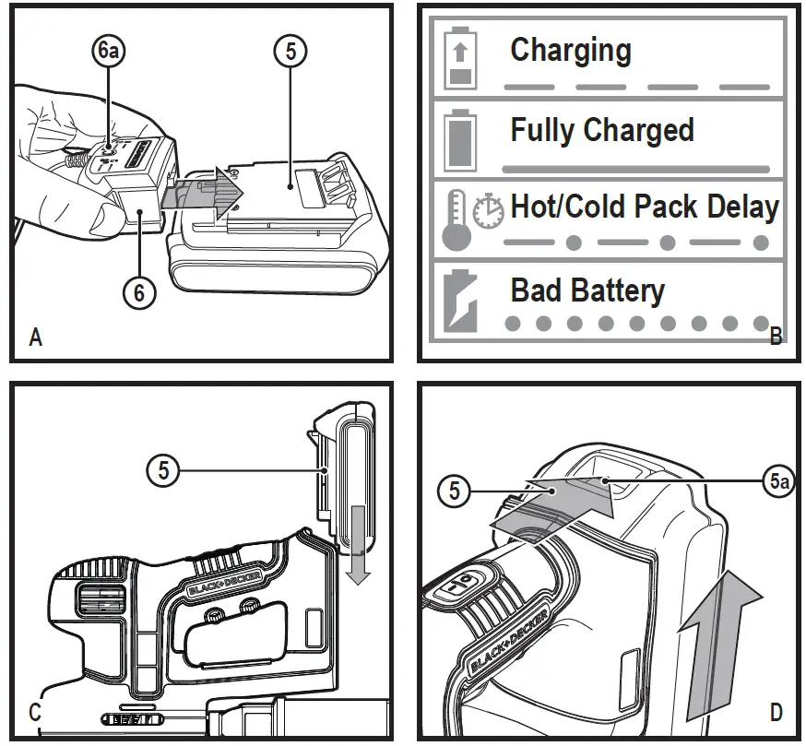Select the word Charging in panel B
(571, 50)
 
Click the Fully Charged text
(602, 130)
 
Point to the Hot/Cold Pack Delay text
(645, 207)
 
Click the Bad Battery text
(587, 290)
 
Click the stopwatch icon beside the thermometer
(489, 211)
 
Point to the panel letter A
(36, 337)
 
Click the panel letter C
(35, 712)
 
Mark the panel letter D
(776, 712)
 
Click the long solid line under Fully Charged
(635, 170)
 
